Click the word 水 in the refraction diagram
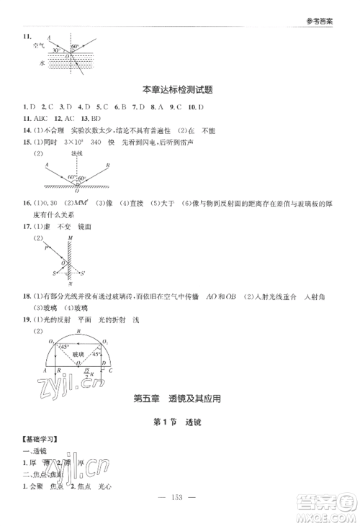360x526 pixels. click(42, 63)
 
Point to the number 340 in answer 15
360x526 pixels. click(114, 142)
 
